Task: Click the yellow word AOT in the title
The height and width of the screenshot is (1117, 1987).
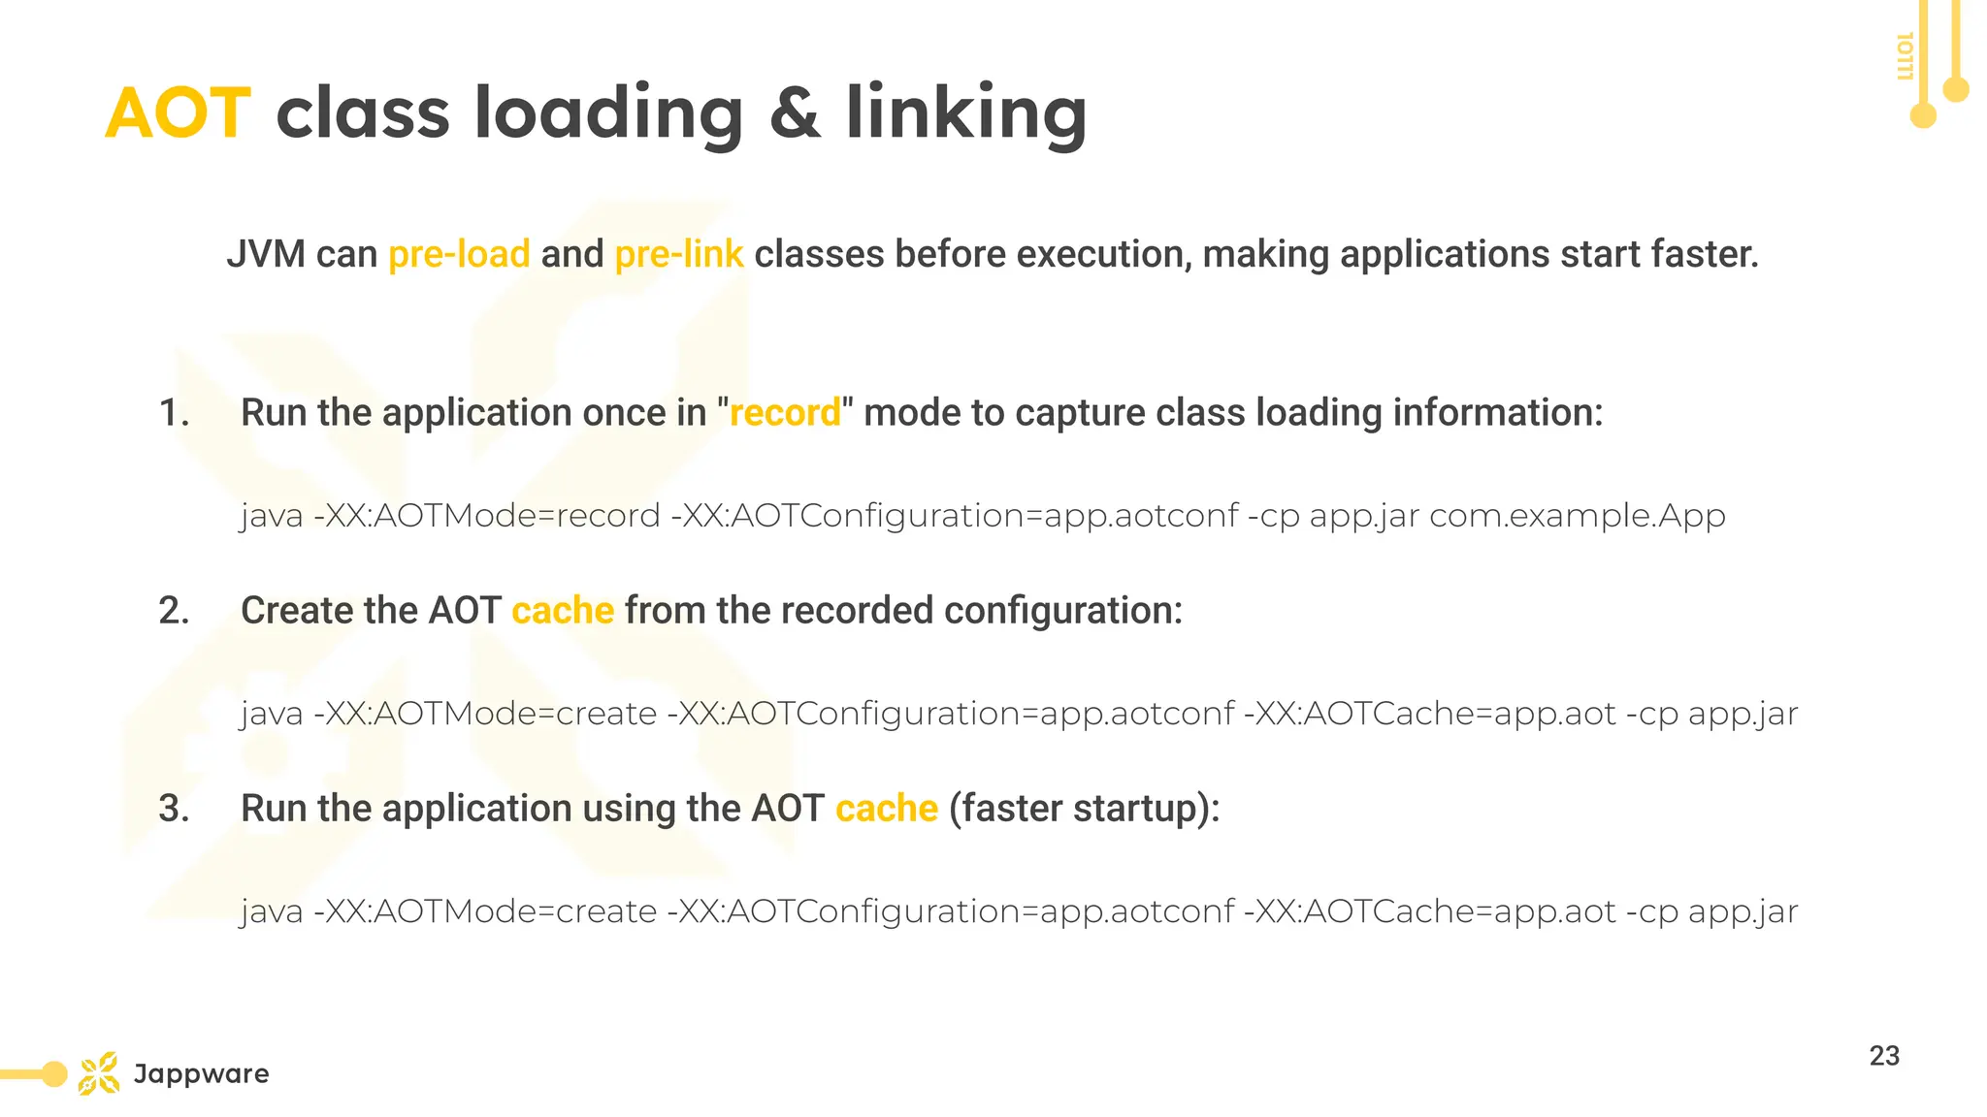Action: click(x=179, y=113)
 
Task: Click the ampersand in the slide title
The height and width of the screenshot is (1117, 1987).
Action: click(x=795, y=113)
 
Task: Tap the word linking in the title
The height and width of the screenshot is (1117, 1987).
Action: click(x=965, y=113)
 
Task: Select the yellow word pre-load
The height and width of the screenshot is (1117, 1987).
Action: click(x=459, y=254)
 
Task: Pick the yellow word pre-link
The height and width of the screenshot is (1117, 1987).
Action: click(x=679, y=254)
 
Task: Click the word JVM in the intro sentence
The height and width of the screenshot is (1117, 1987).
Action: click(x=265, y=254)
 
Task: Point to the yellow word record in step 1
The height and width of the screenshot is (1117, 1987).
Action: click(x=785, y=413)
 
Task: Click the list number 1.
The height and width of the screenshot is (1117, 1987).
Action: click(x=173, y=413)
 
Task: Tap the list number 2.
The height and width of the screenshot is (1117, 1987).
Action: click(x=174, y=611)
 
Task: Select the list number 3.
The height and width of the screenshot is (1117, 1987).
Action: click(x=174, y=809)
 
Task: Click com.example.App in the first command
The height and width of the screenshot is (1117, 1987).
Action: click(x=1577, y=516)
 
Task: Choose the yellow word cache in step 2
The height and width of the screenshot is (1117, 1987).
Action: click(x=563, y=611)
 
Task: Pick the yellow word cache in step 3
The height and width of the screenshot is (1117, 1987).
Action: click(x=887, y=809)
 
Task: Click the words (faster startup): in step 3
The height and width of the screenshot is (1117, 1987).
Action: click(x=1084, y=809)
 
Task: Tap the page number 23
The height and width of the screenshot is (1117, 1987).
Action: click(x=1884, y=1056)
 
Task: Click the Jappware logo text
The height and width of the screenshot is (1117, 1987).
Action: click(x=202, y=1074)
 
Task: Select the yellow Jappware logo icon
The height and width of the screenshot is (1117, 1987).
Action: click(x=99, y=1073)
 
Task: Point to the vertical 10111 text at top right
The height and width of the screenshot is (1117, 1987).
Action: click(x=1905, y=56)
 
